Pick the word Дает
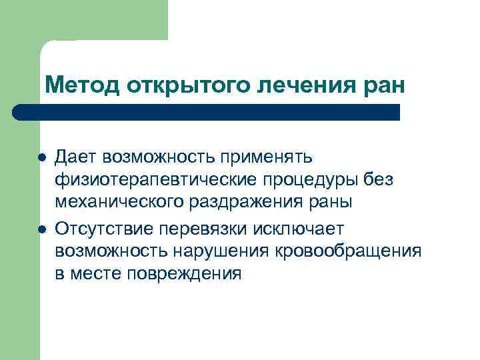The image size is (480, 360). [x=75, y=157]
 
